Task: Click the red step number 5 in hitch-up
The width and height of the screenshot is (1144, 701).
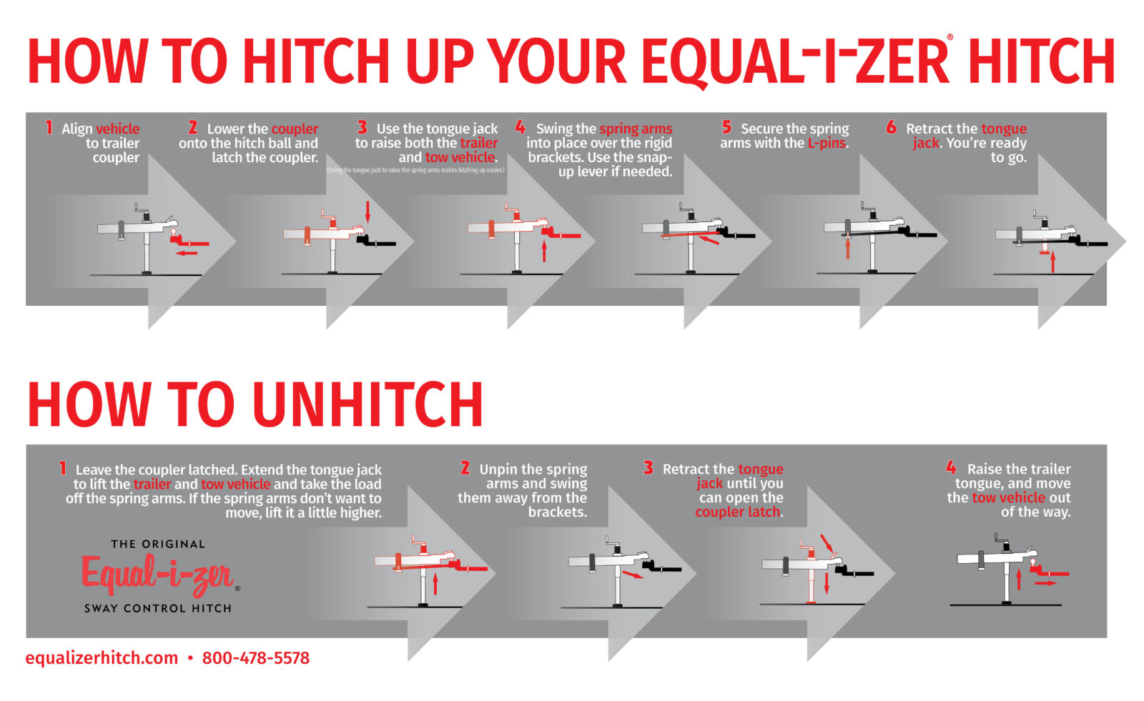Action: pos(726,128)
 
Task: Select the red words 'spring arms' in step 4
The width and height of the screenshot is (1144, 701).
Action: pos(636,129)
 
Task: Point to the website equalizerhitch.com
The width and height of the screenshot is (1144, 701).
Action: pos(102,658)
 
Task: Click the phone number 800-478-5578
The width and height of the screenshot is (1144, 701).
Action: pos(256,658)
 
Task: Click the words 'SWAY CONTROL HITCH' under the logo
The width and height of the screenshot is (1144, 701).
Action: pos(158,609)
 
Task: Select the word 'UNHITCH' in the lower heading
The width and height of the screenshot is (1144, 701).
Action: pos(368,405)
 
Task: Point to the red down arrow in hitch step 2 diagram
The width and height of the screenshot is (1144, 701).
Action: pos(368,211)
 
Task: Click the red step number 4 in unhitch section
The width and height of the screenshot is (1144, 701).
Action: pos(951,468)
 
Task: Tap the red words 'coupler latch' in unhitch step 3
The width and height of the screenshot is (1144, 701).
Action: pos(738,512)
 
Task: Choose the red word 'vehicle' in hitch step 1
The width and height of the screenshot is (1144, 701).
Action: pos(117,129)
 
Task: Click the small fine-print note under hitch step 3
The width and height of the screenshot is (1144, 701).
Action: pos(415,170)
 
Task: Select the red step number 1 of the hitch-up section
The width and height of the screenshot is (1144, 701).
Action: pos(49,128)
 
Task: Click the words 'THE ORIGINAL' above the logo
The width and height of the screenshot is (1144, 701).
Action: pos(158,545)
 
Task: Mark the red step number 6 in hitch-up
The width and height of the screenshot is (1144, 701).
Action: pos(891,128)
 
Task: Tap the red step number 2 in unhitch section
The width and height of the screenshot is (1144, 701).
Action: pos(465,468)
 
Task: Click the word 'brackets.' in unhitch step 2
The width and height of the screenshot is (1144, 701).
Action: pos(558,512)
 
